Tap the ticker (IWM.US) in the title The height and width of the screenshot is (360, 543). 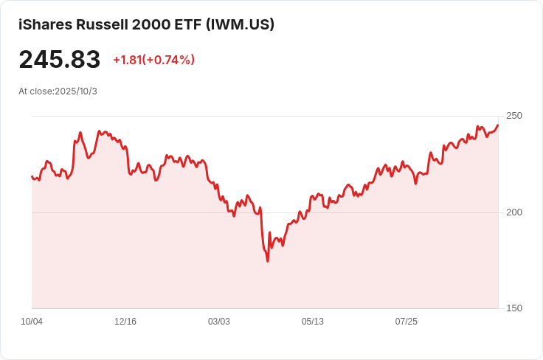pyautogui.click(x=239, y=24)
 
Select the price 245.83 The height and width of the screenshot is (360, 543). pyautogui.click(x=59, y=60)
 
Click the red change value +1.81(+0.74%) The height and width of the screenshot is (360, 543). pyautogui.click(x=153, y=60)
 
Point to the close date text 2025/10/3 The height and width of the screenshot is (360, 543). pyautogui.click(x=76, y=91)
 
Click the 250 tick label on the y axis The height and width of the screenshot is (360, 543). pyautogui.click(x=513, y=116)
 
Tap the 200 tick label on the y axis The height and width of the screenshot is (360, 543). pyautogui.click(x=513, y=212)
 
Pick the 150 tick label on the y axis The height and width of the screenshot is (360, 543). pyautogui.click(x=513, y=308)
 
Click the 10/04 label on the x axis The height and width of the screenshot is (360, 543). pyautogui.click(x=32, y=322)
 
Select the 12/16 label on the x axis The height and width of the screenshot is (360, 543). pyautogui.click(x=125, y=322)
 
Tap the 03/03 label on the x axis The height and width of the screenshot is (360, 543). pyautogui.click(x=219, y=322)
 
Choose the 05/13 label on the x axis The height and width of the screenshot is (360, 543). pyautogui.click(x=313, y=322)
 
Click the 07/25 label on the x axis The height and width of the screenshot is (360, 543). pyautogui.click(x=407, y=322)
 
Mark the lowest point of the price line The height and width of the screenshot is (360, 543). pyautogui.click(x=268, y=261)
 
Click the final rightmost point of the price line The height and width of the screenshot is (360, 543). pyautogui.click(x=498, y=125)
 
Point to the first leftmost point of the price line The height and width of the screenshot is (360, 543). pyautogui.click(x=32, y=176)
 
